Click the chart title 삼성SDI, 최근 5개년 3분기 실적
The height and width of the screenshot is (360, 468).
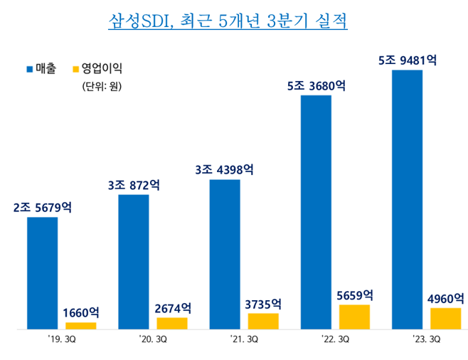click(228, 20)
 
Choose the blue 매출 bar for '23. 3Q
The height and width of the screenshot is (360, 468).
click(407, 199)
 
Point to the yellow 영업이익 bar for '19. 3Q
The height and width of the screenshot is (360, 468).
click(80, 326)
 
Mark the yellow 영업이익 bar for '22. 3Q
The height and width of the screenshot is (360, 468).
click(354, 317)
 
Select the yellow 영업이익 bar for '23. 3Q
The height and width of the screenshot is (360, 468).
click(446, 319)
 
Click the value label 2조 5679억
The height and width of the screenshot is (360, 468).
click(43, 208)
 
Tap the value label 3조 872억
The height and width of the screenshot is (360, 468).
click(134, 184)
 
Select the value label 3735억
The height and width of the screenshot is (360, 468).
click(263, 304)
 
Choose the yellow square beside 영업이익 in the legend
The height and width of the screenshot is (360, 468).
click(76, 70)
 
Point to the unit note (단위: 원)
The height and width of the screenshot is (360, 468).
click(102, 88)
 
